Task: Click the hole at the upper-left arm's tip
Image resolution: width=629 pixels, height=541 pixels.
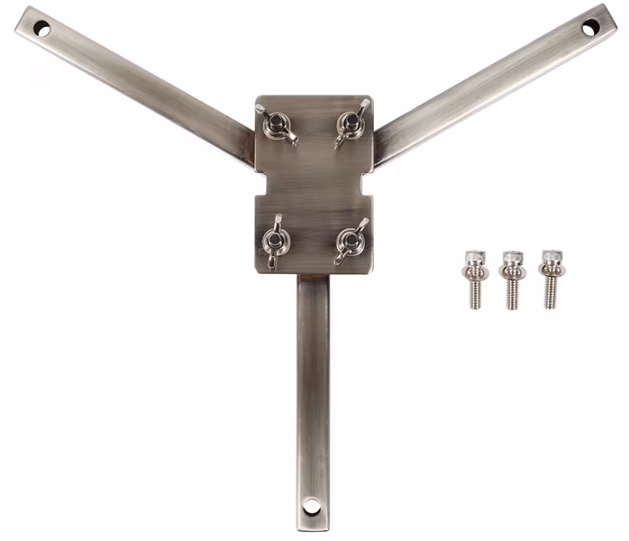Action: (x=41, y=29)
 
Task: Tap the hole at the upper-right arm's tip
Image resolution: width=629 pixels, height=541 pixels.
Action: (x=588, y=29)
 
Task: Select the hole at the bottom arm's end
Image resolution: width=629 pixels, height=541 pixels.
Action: (x=312, y=506)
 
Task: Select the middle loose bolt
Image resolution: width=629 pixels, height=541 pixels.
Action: (x=512, y=278)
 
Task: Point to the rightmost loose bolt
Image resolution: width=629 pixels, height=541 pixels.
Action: (x=550, y=278)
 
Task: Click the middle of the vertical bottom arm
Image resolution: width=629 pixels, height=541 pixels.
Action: (x=313, y=388)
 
